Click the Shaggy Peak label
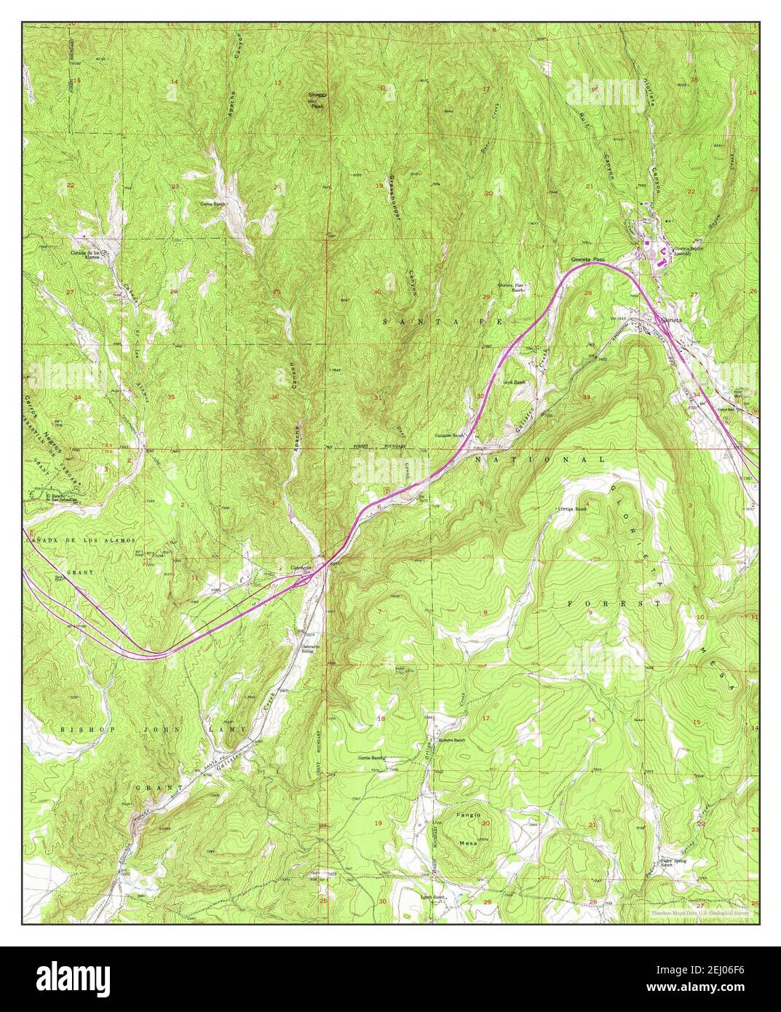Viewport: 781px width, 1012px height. pyautogui.click(x=315, y=100)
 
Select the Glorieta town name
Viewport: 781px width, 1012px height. pyautogui.click(x=671, y=320)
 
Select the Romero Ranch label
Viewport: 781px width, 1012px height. pyautogui.click(x=451, y=740)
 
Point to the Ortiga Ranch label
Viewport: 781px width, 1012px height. pyautogui.click(x=571, y=509)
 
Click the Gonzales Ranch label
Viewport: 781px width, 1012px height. pyautogui.click(x=450, y=435)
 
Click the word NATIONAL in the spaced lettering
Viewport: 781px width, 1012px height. pyautogui.click(x=539, y=461)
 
